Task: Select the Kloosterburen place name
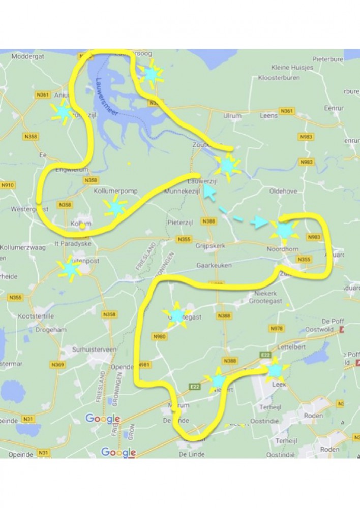279,78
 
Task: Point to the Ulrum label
232,116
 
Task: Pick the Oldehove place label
282,192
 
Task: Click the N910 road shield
8,185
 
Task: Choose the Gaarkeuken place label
214,266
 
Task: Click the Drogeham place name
51,330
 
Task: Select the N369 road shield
57,365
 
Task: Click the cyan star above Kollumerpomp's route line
115,207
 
